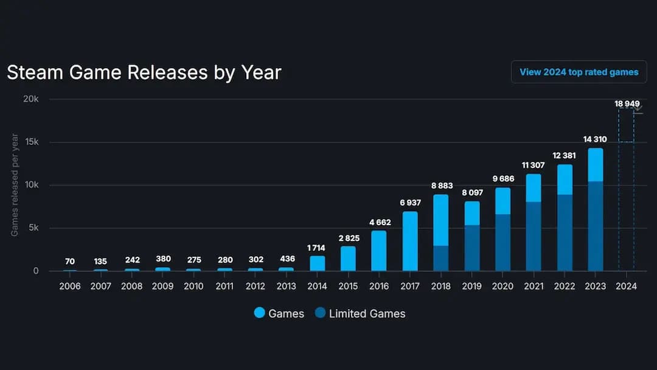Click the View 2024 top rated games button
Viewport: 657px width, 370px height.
(x=579, y=72)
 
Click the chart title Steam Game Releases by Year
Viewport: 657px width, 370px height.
(x=144, y=72)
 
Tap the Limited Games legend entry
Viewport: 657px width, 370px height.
(x=360, y=313)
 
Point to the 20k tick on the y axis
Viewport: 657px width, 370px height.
(x=31, y=99)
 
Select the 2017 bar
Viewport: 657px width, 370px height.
(x=410, y=241)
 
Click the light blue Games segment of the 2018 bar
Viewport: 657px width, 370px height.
(x=440, y=220)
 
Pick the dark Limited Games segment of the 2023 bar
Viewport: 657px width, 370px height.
(x=595, y=226)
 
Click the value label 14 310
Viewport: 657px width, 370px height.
(x=595, y=139)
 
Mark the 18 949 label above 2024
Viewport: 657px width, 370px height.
(x=626, y=104)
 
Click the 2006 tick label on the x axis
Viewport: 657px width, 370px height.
(x=70, y=286)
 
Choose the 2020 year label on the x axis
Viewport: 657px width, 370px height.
(x=502, y=286)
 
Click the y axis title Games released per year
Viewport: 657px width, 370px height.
(x=15, y=185)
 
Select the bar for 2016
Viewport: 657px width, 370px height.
(x=379, y=251)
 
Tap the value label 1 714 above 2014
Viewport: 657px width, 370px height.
(x=317, y=248)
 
